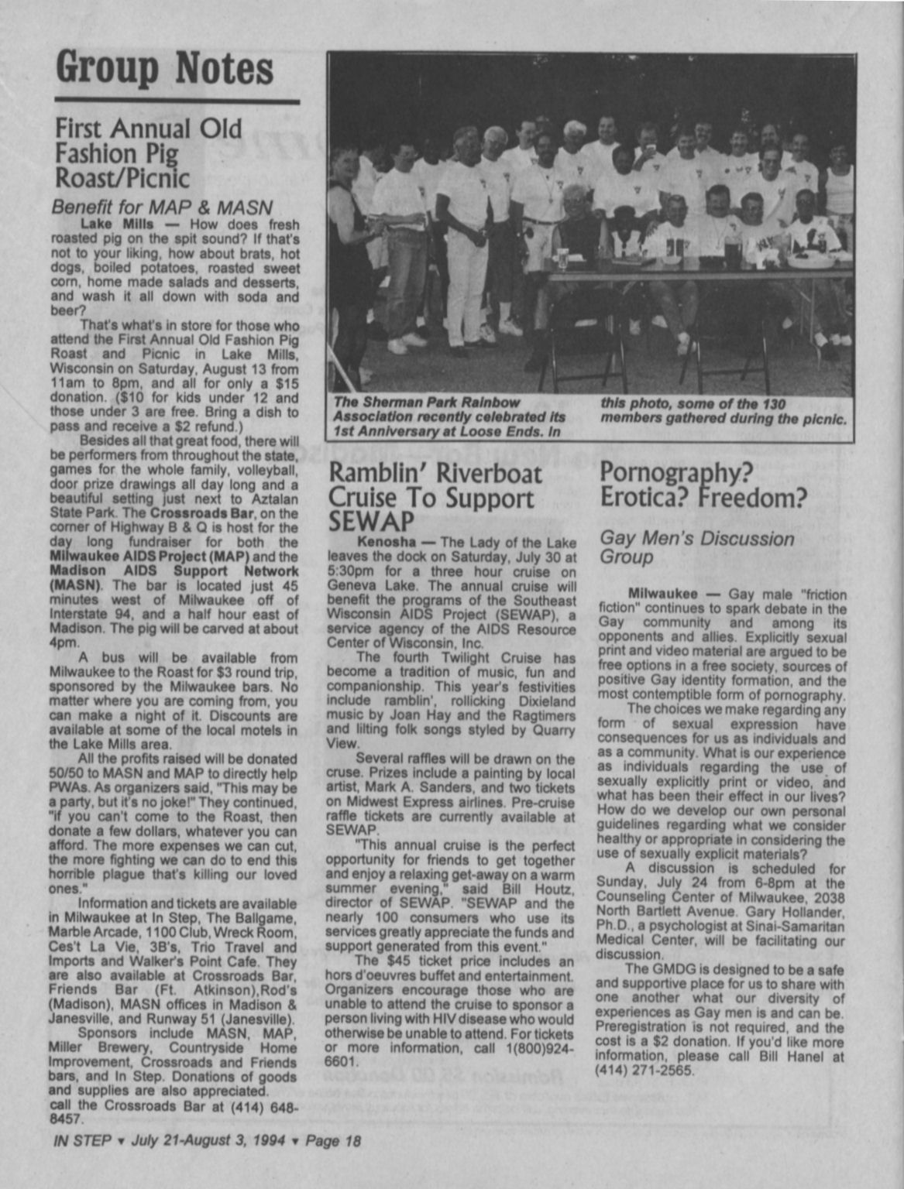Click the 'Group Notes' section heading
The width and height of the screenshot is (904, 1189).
[x=164, y=68]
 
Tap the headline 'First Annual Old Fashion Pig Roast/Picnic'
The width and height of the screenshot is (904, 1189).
[x=147, y=152]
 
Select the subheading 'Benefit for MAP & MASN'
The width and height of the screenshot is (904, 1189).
[x=161, y=207]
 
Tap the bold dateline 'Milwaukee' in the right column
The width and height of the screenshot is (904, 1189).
[x=662, y=594]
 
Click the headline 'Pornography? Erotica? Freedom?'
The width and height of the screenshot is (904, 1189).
[x=703, y=484]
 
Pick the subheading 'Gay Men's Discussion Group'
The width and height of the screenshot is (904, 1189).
[x=696, y=547]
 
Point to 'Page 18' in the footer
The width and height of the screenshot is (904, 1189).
[x=333, y=1139]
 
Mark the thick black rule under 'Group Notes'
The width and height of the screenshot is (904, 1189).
[x=177, y=101]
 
